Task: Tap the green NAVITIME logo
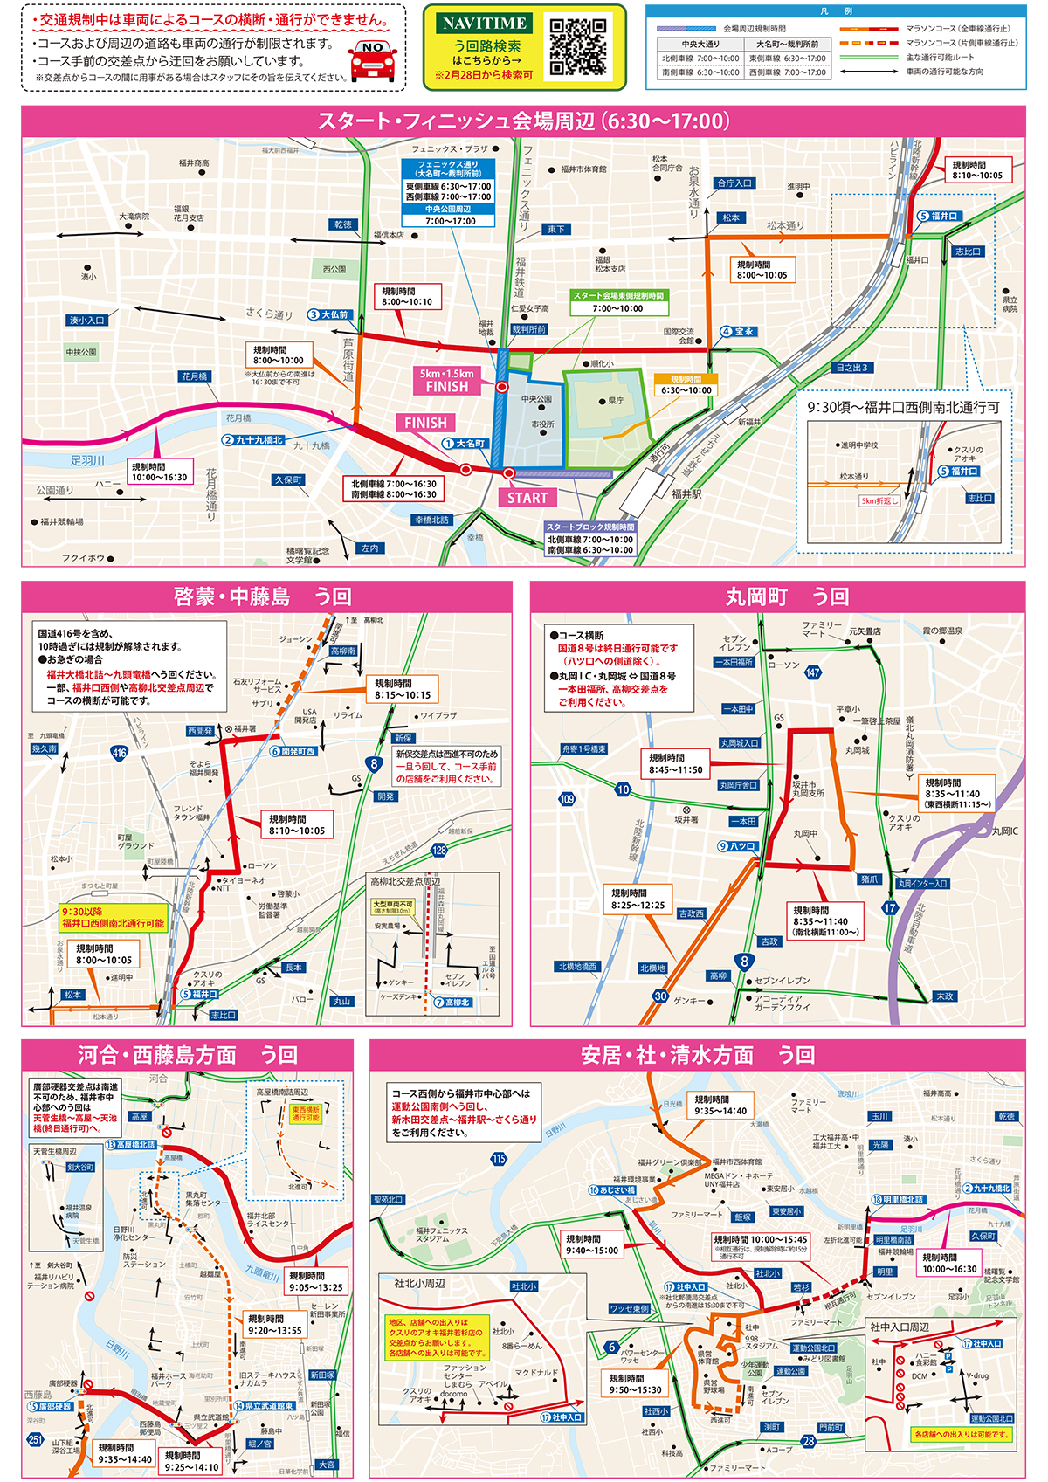pos(485,24)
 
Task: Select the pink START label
pos(527,498)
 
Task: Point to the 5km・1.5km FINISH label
pos(447,380)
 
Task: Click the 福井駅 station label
pos(687,493)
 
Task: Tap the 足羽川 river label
pos(87,460)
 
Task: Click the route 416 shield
pos(120,752)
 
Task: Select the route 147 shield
pos(813,672)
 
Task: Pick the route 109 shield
pos(567,798)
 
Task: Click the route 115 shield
pos(499,1159)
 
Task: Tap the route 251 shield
pos(35,1439)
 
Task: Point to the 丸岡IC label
pos(1004,831)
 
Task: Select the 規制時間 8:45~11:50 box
pos(676,763)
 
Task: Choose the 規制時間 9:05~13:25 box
pos(315,1281)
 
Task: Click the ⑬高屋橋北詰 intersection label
pos(131,1144)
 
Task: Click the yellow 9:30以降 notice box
pos(113,917)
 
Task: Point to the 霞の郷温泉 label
pos(942,631)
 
